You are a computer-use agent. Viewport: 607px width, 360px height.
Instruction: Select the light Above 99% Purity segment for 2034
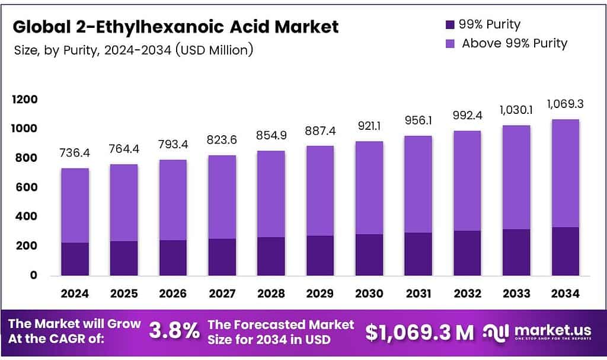point(565,173)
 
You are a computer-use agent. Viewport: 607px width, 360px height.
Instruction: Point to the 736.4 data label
point(75,154)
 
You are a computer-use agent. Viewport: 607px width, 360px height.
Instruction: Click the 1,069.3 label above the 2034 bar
point(565,104)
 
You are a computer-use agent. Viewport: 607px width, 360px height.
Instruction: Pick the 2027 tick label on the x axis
point(222,293)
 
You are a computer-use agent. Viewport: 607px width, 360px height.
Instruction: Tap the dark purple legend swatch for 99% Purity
point(449,25)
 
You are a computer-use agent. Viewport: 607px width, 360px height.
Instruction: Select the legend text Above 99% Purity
point(514,43)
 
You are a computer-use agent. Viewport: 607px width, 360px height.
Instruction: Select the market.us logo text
point(552,330)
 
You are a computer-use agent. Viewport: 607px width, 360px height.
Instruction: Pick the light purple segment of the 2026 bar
point(172,200)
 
